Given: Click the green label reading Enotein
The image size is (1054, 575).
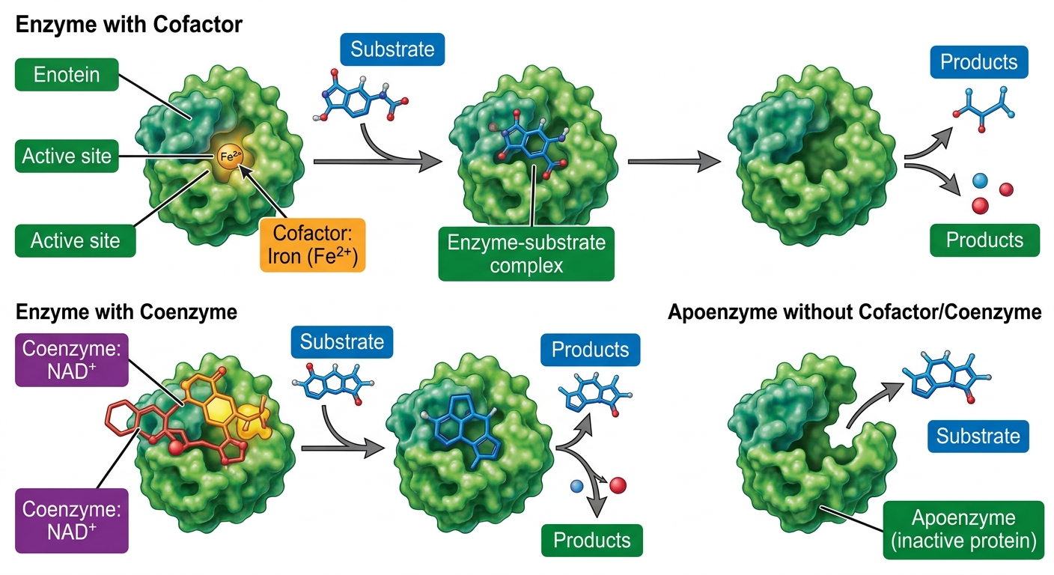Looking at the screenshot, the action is [67, 74].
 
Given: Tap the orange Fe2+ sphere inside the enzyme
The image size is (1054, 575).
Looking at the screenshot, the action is [230, 156].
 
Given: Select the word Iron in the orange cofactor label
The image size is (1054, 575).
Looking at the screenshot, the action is [285, 257].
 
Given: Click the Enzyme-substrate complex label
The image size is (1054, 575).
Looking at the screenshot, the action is [526, 254].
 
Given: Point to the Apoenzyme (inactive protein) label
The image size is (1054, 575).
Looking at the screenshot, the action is [963, 530].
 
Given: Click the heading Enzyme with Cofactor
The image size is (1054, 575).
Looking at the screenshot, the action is [129, 25].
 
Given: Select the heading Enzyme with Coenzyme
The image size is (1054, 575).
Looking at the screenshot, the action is [126, 312].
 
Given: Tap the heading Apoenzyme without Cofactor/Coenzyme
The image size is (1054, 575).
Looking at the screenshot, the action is [854, 312].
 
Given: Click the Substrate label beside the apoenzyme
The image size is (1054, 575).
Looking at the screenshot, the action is [978, 436].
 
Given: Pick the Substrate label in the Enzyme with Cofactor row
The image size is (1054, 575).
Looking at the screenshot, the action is [392, 49].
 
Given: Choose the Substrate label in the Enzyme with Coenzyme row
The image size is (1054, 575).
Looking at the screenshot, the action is [342, 342].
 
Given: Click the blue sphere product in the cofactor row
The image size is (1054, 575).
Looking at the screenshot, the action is [980, 180].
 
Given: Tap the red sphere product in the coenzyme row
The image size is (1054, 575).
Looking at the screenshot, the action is [618, 485].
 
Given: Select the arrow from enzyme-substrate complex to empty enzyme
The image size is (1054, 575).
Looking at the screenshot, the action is [674, 162].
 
